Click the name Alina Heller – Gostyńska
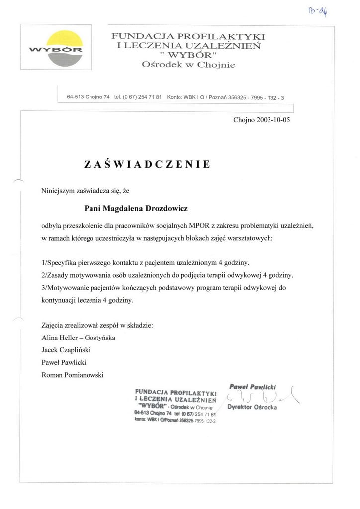(79, 338)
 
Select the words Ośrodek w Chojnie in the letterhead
(188, 64)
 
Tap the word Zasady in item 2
(62, 275)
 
